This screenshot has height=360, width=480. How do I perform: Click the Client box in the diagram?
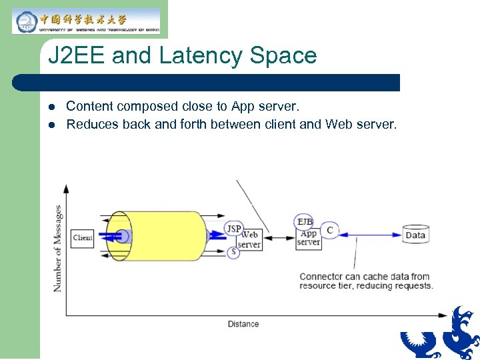(83, 238)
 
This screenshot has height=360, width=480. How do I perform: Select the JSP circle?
(233, 229)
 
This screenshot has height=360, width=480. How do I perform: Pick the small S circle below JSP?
(233, 252)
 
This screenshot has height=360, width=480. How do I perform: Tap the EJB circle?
(305, 222)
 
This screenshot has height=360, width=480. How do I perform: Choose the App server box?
(309, 238)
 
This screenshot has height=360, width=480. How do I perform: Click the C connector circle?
(329, 231)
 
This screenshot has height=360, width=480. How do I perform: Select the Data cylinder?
(415, 235)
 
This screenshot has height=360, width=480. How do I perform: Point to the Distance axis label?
(243, 324)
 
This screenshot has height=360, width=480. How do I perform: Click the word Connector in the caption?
(322, 277)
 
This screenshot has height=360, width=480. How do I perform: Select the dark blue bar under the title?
(207, 83)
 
